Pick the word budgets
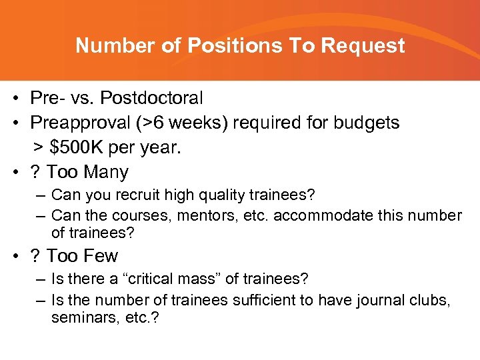(x=365, y=123)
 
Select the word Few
(x=101, y=256)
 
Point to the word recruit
(x=135, y=196)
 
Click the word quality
(x=215, y=196)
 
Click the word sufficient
(x=264, y=301)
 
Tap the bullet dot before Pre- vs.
(x=15, y=99)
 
